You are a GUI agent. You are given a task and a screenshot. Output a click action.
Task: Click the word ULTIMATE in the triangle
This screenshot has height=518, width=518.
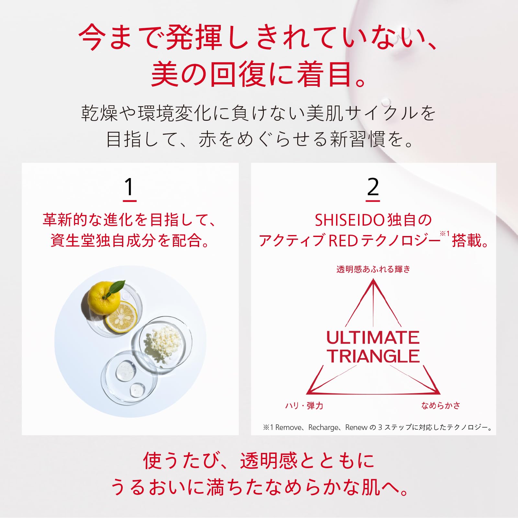(373, 338)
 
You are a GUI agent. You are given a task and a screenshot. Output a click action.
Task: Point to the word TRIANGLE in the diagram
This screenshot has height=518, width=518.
(373, 356)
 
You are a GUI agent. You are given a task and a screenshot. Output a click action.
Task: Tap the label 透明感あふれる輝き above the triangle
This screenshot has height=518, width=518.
(373, 269)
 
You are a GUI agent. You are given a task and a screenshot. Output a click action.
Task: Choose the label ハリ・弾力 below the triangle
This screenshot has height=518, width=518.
(304, 406)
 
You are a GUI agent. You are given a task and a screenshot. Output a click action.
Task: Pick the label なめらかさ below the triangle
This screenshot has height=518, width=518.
(440, 405)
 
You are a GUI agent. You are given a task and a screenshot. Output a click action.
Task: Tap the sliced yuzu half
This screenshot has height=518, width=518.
(121, 317)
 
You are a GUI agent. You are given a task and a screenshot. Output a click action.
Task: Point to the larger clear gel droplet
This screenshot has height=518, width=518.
(125, 371)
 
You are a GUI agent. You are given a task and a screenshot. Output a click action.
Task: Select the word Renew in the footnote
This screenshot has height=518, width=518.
(356, 427)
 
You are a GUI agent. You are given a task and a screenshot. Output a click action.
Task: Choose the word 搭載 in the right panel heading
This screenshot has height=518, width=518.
(466, 241)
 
